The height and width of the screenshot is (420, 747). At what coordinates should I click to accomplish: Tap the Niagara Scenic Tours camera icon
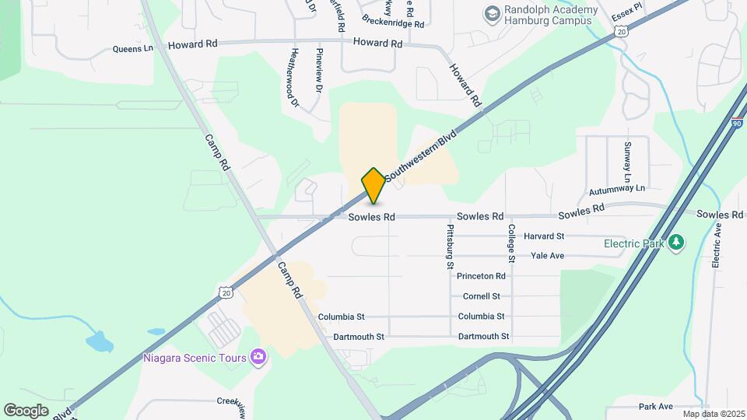258,358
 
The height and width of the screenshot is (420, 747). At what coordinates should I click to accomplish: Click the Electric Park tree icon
677,243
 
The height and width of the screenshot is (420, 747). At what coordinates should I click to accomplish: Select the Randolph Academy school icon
492,12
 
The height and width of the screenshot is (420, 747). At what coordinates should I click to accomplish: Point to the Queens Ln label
134,48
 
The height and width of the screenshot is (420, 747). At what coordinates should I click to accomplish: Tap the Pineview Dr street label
319,72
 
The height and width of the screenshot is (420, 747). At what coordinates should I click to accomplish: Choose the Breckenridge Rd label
393,23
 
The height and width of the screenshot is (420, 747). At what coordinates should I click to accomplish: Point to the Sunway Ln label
627,158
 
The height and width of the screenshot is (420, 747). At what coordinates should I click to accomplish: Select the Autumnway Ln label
617,188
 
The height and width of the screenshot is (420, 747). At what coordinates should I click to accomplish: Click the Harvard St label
543,236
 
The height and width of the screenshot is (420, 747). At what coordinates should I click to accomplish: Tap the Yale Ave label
547,255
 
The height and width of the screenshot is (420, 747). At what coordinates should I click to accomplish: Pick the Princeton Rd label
481,276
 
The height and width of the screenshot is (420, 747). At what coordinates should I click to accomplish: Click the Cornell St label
481,296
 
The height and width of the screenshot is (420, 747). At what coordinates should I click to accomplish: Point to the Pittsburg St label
450,246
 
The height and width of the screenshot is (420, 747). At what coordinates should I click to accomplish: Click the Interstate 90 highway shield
736,124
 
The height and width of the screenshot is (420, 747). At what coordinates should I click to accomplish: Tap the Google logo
26,410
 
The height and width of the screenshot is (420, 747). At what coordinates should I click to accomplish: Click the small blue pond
99,341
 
